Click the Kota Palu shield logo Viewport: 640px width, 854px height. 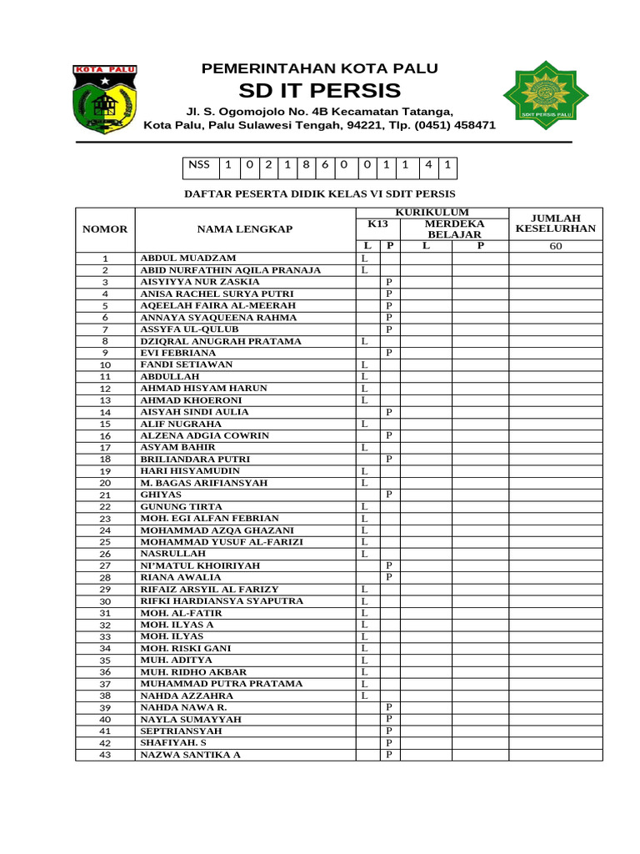(105, 99)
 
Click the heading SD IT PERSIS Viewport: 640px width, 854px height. (320, 91)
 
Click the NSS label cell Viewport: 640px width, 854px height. (199, 165)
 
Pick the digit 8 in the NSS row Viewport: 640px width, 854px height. (307, 165)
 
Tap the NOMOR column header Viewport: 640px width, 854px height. (105, 229)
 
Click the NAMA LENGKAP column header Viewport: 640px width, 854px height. (245, 229)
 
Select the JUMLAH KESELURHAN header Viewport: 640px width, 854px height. (556, 223)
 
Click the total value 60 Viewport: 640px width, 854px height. (556, 246)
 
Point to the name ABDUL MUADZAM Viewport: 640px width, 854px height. (188, 259)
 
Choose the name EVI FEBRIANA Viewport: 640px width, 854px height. (177, 353)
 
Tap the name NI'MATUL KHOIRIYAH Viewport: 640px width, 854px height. (200, 565)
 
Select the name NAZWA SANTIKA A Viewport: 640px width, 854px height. (190, 755)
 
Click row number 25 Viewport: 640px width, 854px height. (105, 542)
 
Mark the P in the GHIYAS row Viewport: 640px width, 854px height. (389, 495)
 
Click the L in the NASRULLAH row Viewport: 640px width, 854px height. (364, 554)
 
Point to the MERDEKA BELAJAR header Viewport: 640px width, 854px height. (454, 229)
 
